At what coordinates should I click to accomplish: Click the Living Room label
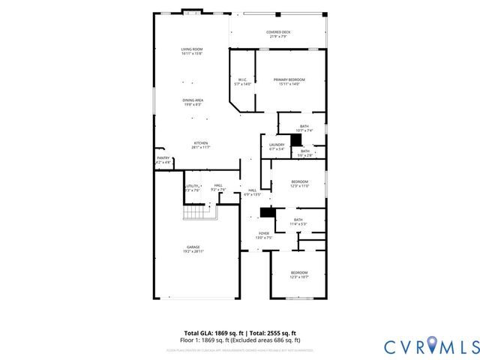(192, 52)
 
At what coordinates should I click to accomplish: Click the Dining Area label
(193, 102)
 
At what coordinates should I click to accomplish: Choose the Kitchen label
(201, 145)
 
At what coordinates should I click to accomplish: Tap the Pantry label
(163, 160)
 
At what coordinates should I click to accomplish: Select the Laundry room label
(277, 147)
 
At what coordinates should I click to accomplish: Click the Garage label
(193, 249)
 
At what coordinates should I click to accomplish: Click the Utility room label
(192, 187)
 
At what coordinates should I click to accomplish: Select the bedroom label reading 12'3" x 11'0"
(299, 183)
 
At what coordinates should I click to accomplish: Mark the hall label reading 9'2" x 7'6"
(217, 187)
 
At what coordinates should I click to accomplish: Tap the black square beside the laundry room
(296, 139)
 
